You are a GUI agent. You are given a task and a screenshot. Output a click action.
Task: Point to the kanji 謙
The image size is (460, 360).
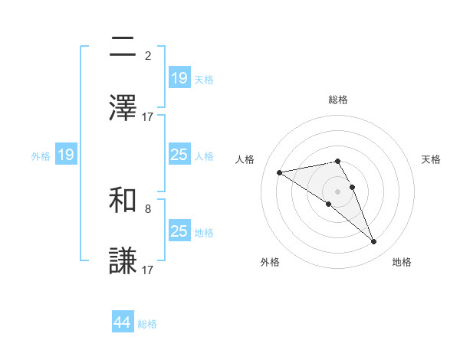pyautogui.click(x=123, y=261)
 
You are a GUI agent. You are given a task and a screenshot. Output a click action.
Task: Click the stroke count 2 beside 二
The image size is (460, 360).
pyautogui.click(x=148, y=55)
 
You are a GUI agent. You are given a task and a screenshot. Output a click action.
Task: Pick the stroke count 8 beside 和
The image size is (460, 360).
pyautogui.click(x=148, y=208)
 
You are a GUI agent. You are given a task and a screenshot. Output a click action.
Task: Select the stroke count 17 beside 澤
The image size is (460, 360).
pyautogui.click(x=148, y=116)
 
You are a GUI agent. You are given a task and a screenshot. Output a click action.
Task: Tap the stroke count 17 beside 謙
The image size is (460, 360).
pyautogui.click(x=148, y=270)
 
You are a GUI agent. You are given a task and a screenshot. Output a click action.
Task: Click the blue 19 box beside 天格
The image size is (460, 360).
pyautogui.click(x=179, y=78)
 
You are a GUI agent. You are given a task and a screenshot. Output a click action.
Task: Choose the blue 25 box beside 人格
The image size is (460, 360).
pyautogui.click(x=179, y=155)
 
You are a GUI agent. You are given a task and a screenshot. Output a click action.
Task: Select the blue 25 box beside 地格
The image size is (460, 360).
pyautogui.click(x=179, y=231)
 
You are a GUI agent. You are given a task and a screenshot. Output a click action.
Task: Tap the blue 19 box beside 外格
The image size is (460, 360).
pyautogui.click(x=66, y=155)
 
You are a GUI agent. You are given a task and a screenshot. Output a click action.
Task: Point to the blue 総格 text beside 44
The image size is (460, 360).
pyautogui.click(x=147, y=324)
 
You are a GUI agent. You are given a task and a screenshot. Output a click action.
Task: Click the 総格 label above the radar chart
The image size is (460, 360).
pyautogui.click(x=337, y=100)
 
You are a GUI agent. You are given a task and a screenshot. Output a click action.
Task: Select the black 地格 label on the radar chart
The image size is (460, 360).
pyautogui.click(x=402, y=262)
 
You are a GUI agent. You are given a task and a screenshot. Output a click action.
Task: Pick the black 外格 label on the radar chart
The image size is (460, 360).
pyautogui.click(x=270, y=262)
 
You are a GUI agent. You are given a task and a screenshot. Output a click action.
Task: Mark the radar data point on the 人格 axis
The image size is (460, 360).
pyautogui.click(x=280, y=172)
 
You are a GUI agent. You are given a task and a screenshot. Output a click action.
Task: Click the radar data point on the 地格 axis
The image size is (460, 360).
pyautogui.click(x=374, y=242)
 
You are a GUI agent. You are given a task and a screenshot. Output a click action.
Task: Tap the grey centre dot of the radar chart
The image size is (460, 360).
pyautogui.click(x=337, y=191)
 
